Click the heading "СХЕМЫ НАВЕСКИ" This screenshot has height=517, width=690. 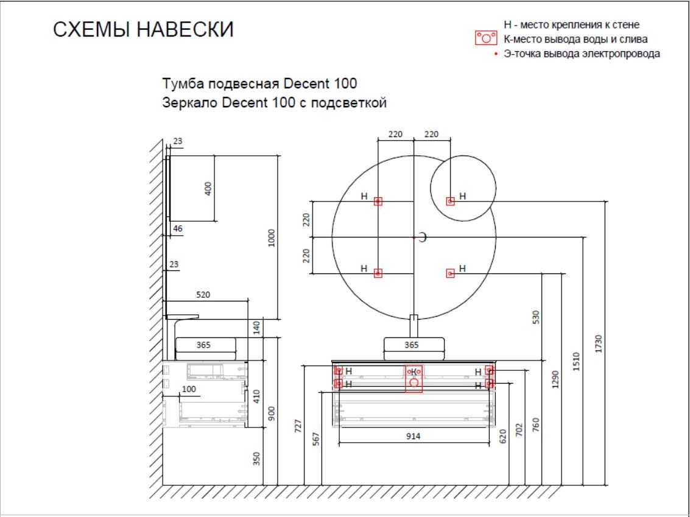click(x=143, y=29)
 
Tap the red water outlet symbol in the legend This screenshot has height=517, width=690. click(x=486, y=38)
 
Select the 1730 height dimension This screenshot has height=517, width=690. click(x=598, y=343)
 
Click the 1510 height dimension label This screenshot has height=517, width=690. click(x=577, y=361)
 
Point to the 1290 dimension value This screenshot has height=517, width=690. click(x=555, y=379)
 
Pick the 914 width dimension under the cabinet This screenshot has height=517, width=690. click(x=413, y=436)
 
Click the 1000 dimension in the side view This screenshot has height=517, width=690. click(x=271, y=237)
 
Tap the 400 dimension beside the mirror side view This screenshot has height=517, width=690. click(x=208, y=189)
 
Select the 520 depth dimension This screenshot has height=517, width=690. click(x=203, y=295)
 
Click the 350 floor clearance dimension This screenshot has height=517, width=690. click(x=257, y=459)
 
